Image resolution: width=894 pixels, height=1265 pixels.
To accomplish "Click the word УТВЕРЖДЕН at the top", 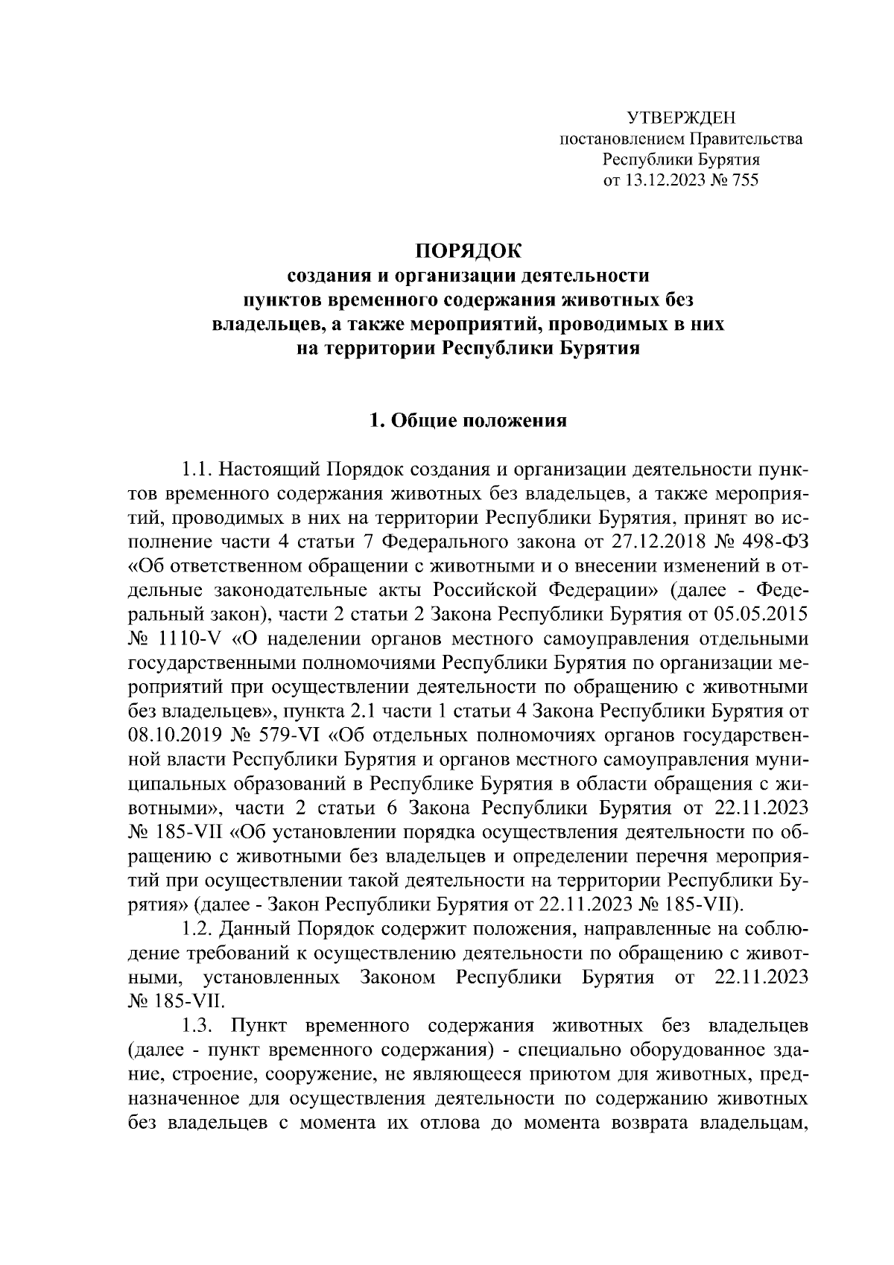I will coord(680,118).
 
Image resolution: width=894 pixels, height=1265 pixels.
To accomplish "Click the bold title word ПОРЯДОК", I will coord(469,249).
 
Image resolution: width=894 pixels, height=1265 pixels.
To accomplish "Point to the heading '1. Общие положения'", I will coord(469,422).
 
